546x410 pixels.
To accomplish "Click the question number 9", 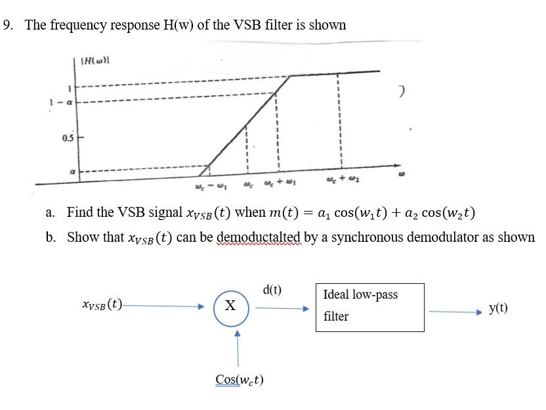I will click(7, 25).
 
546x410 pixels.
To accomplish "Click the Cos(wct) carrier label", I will click(239, 379).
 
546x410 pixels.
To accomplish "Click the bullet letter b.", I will click(50, 237).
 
